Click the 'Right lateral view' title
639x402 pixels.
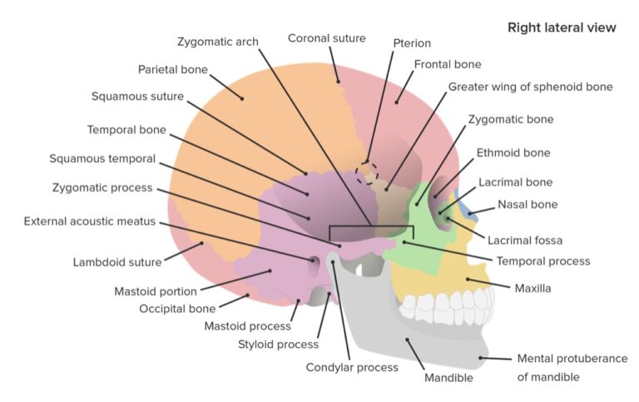[562, 27]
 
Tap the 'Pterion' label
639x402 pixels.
[412, 42]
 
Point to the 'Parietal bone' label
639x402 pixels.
[173, 69]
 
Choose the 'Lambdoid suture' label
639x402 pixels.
[116, 263]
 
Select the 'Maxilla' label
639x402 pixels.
[532, 288]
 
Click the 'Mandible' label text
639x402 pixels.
[447, 377]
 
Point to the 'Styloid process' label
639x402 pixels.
[279, 344]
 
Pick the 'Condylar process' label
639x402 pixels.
[352, 366]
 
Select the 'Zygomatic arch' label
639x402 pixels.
[218, 41]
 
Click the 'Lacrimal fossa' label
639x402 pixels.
[525, 241]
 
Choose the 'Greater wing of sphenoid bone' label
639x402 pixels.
[530, 87]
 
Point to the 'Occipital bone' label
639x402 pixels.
[177, 309]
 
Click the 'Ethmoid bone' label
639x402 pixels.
[513, 153]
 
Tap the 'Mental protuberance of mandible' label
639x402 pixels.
[572, 367]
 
